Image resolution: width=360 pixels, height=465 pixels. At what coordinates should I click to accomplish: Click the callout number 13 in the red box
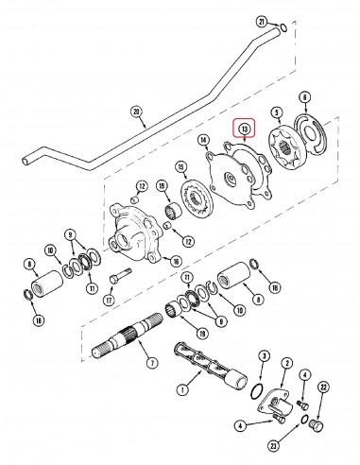coord(245,129)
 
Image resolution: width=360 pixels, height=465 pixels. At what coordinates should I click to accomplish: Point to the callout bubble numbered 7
coord(153,362)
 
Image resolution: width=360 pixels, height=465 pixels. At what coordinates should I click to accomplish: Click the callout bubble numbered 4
coord(242,426)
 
